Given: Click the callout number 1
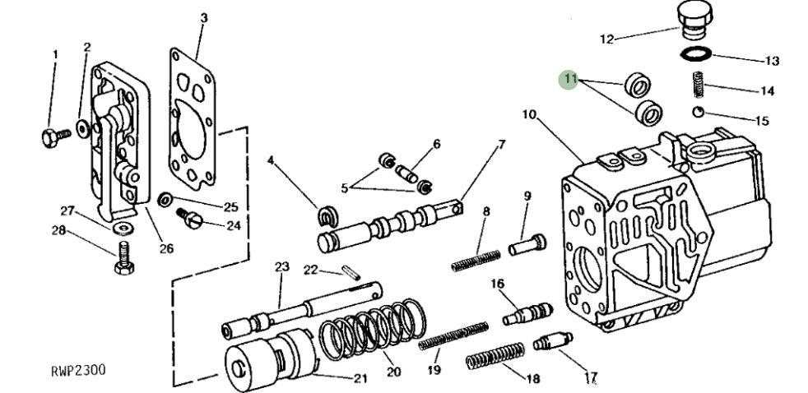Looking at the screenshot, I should click(56, 54).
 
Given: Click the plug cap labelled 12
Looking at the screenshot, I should click(696, 19).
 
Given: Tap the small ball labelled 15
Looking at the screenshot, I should click(698, 113).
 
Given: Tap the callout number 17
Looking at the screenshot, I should click(590, 378).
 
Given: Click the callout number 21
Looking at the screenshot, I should click(360, 378).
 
